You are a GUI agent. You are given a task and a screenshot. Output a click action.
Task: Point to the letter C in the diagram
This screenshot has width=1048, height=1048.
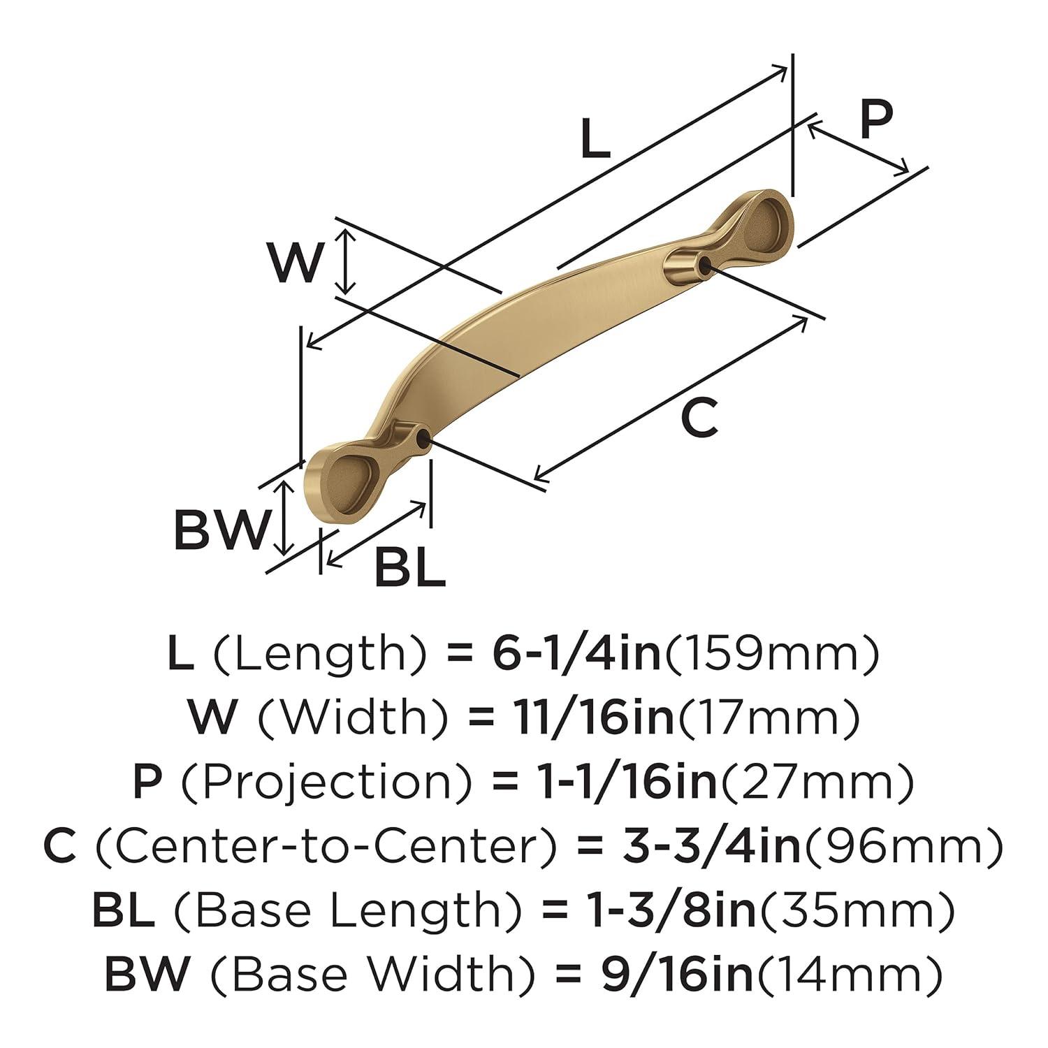tap(699, 419)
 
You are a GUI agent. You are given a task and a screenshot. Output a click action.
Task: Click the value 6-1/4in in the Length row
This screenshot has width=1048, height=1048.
tap(572, 655)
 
